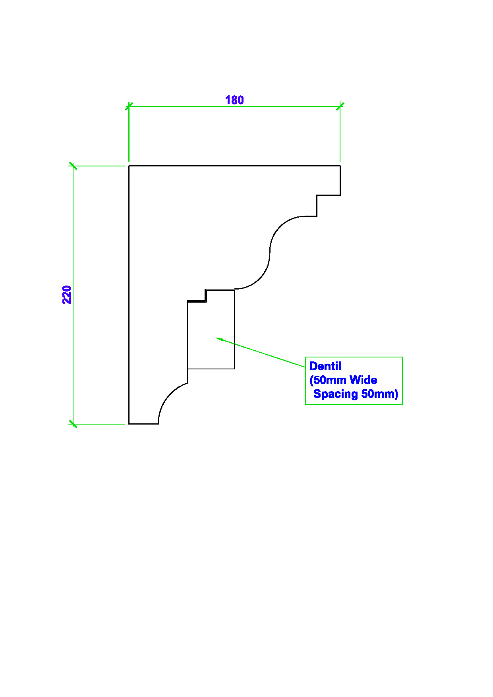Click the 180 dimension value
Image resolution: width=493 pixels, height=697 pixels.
234,100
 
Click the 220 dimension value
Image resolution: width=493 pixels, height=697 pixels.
67,295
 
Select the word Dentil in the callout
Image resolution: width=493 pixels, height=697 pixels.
325,366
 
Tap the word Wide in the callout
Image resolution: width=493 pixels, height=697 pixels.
363,380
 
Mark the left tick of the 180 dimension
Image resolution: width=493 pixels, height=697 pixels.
129,106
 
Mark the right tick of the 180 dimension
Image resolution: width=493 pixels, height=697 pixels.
340,106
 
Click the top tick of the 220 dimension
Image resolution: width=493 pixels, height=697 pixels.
73,166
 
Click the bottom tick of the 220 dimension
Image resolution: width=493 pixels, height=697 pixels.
73,424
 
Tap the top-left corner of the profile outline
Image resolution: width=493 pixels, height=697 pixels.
129,166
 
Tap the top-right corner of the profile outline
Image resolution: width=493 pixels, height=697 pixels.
340,166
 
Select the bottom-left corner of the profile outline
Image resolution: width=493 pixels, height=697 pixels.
129,424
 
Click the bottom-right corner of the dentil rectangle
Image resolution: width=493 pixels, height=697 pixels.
235,369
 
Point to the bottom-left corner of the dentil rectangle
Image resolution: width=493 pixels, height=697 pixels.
188,369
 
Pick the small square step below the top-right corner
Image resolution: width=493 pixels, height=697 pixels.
329,195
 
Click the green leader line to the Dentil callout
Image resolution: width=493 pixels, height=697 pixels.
261,352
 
